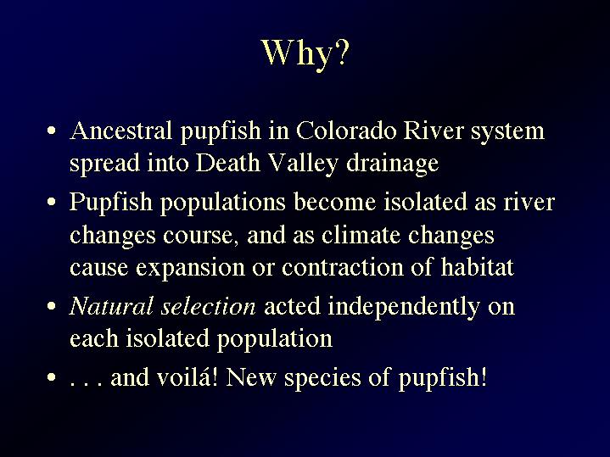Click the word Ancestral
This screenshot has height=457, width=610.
(121, 131)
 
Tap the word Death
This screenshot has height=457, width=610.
(227, 163)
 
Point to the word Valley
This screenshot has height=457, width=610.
(303, 164)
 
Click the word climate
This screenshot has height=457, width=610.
(361, 235)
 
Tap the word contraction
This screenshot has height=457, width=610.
(343, 267)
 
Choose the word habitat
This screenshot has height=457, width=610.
(478, 267)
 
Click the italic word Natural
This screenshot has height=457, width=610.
(111, 306)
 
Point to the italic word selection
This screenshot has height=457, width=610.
(209, 306)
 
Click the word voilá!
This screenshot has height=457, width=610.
(187, 377)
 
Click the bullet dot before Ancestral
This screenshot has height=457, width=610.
(52, 131)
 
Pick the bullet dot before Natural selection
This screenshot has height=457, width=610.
(52, 306)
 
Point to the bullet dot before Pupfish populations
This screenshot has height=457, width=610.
(52, 203)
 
